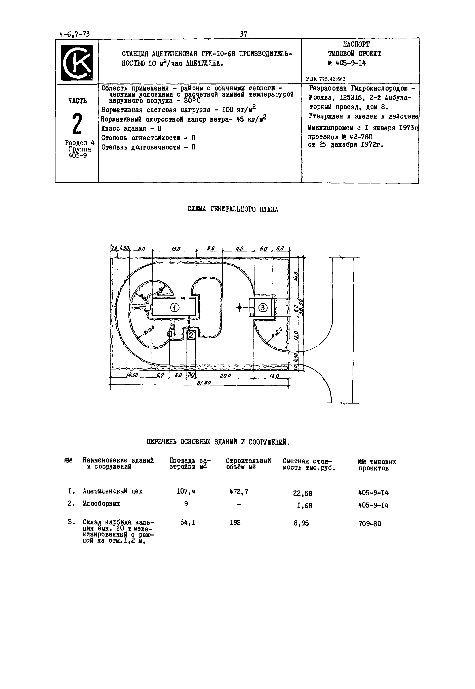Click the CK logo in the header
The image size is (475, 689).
click(x=77, y=63)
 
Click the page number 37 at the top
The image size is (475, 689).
click(x=243, y=34)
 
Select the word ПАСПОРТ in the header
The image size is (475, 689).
click(x=356, y=44)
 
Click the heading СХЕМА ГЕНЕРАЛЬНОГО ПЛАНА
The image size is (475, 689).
click(x=233, y=209)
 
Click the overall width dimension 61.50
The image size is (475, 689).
click(x=204, y=383)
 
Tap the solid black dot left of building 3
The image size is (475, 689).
click(x=239, y=308)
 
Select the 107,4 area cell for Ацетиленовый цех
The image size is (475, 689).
click(x=186, y=492)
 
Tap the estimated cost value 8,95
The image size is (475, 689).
click(x=301, y=523)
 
